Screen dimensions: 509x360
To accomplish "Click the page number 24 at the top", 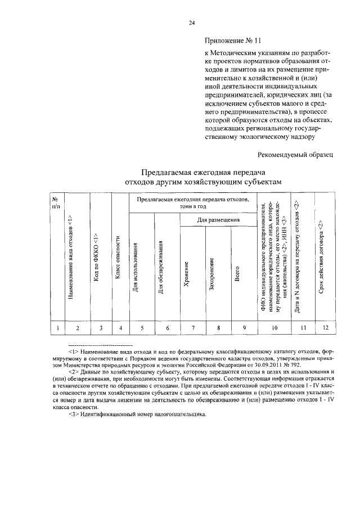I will (x=191, y=22).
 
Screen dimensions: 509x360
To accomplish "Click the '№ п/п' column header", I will (x=55, y=202).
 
